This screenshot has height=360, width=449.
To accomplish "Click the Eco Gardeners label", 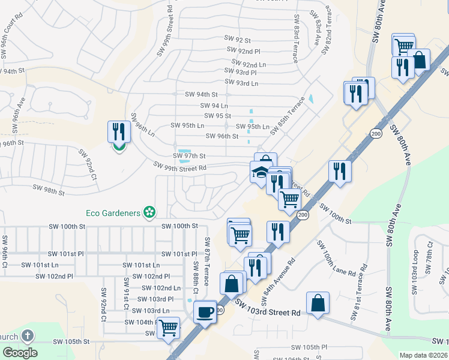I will tap(111, 212).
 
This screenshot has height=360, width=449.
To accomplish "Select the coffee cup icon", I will tap(205, 312).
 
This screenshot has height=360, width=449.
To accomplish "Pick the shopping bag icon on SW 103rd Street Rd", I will tap(318, 303).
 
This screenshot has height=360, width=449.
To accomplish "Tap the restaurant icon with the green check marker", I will tap(119, 133).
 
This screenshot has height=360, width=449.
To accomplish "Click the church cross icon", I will tap(27, 336).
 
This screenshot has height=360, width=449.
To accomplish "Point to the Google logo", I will tap(20, 353).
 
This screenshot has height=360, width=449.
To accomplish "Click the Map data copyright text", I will tap(423, 355).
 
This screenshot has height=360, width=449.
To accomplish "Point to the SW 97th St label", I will tap(189, 156).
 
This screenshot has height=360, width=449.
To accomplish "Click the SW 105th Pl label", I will tap(309, 347).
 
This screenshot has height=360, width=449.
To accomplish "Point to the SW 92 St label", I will tap(237, 39).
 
